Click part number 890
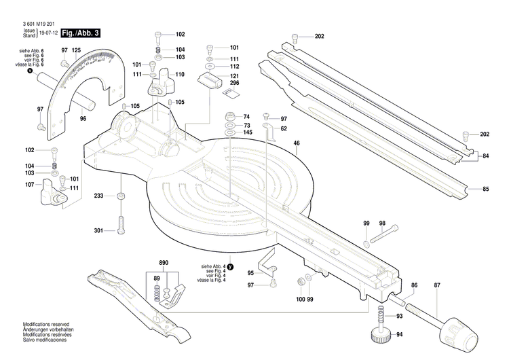(x=163, y=263)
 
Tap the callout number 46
(x=297, y=143)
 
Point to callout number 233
(x=99, y=196)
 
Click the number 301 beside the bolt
(x=99, y=231)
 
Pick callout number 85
(x=485, y=189)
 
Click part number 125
(x=77, y=51)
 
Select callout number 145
(x=248, y=132)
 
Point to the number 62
(x=284, y=128)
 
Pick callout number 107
(x=30, y=185)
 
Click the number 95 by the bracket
(x=250, y=273)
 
